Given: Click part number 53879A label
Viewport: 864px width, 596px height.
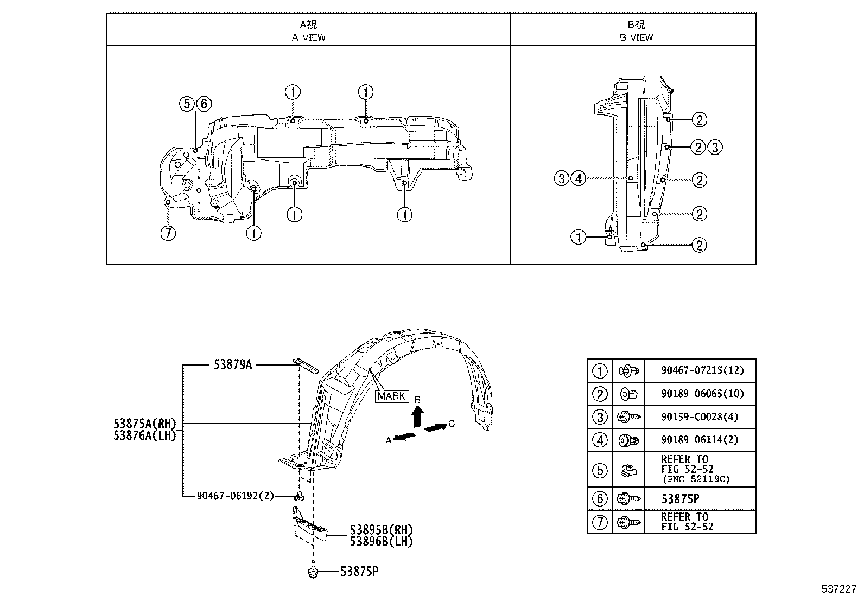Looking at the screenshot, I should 232,365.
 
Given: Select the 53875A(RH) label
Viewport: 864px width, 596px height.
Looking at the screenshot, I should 145,424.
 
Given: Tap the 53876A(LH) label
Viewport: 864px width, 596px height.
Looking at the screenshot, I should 145,435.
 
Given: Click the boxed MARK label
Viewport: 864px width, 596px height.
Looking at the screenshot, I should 391,396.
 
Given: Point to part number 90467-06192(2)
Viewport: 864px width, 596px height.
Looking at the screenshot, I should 236,496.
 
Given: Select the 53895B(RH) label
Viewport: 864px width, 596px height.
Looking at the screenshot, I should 381,529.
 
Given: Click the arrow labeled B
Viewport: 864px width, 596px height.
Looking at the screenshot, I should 417,416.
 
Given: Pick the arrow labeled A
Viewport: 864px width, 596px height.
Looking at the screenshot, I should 405,437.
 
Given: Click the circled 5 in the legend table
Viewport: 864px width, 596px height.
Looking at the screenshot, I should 600,470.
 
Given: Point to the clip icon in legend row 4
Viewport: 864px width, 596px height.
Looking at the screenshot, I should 628,440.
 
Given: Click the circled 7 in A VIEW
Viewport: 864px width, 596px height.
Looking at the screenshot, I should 168,233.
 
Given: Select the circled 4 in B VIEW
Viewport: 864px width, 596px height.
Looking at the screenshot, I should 579,178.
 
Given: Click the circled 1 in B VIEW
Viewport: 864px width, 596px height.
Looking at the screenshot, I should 579,237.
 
